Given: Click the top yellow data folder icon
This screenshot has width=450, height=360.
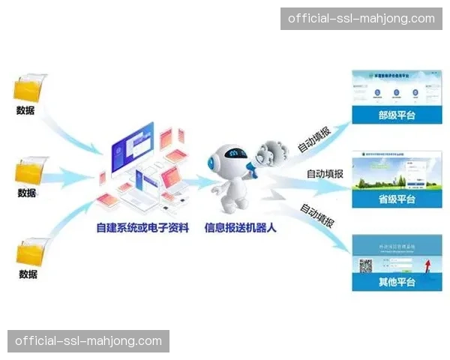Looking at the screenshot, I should (x=31, y=89).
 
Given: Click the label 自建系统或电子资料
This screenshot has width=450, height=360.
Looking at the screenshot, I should (x=142, y=227).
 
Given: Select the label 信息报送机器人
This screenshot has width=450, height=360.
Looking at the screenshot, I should (x=241, y=227).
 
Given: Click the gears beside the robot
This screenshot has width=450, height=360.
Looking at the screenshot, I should (x=269, y=154).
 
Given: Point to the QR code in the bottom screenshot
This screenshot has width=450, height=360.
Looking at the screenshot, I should (x=367, y=265).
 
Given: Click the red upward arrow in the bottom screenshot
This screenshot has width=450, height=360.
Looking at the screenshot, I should (x=427, y=262).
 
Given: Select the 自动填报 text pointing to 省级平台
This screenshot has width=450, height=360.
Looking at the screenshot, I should (x=325, y=174).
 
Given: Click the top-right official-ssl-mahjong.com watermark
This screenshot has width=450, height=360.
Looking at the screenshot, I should (x=360, y=18).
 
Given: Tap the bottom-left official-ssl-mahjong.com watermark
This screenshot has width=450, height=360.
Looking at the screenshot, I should (x=88, y=341).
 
